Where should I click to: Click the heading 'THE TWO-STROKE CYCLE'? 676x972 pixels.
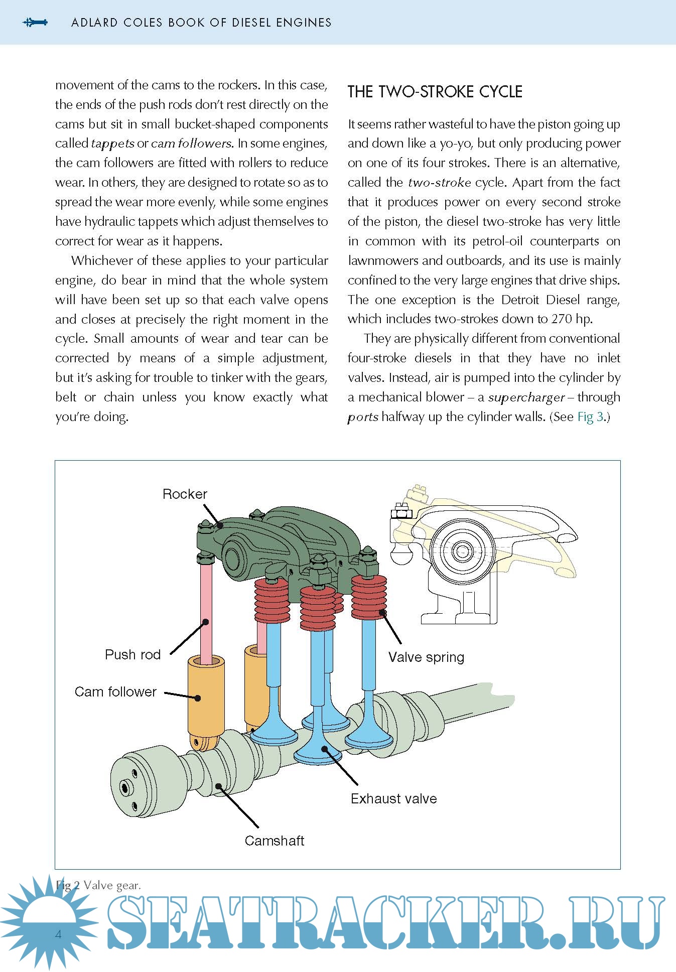coord(435,92)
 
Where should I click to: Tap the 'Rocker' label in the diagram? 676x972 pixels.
coord(185,494)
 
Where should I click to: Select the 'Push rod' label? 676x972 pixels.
coord(132,655)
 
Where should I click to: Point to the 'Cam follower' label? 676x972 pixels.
coord(115,692)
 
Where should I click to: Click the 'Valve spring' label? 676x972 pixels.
coord(426,657)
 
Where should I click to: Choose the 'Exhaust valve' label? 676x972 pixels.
coord(393,799)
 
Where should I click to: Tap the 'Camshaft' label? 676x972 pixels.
coord(274,841)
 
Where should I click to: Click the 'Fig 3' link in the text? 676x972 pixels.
coord(590,417)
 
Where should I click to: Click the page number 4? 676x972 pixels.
coord(59,934)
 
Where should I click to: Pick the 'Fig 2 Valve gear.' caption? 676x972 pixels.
coord(98,885)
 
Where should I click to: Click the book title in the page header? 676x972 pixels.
coord(201,23)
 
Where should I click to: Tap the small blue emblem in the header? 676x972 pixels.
coord(35,22)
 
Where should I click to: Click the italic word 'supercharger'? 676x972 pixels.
coord(526,398)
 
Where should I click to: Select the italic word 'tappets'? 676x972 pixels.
coord(112,144)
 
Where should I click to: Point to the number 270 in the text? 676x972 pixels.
coord(562,319)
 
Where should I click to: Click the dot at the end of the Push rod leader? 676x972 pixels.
coord(205,622)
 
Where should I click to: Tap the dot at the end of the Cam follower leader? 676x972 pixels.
coord(198,698)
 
